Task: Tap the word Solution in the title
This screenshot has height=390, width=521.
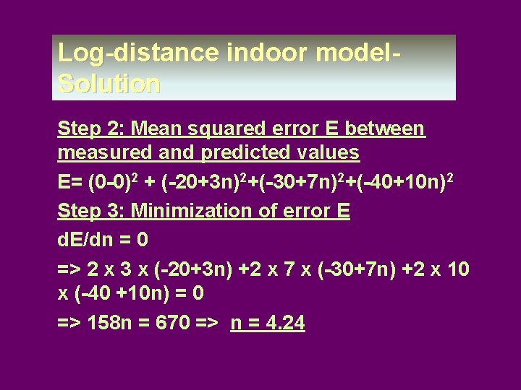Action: tap(109, 84)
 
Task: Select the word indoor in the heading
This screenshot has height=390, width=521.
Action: tap(242, 53)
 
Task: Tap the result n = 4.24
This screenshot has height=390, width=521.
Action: tap(268, 324)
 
